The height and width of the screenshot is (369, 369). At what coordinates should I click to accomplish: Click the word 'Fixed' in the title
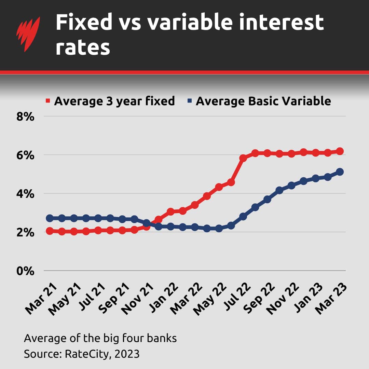coord(84,23)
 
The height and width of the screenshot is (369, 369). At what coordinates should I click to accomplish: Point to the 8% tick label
coord(25,117)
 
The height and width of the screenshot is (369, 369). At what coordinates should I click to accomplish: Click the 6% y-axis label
coord(25,155)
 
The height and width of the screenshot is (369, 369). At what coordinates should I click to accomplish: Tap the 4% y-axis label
coord(25,194)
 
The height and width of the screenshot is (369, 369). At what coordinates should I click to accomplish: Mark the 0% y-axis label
coord(25,271)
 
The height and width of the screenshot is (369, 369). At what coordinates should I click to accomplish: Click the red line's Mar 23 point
coord(340,151)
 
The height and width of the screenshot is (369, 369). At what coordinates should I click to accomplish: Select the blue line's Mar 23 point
coord(340,172)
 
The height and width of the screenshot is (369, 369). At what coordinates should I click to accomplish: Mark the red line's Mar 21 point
coord(50,231)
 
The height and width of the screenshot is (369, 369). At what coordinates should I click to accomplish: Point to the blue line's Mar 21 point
coord(50,218)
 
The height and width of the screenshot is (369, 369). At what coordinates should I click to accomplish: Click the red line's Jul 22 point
coord(243,158)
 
